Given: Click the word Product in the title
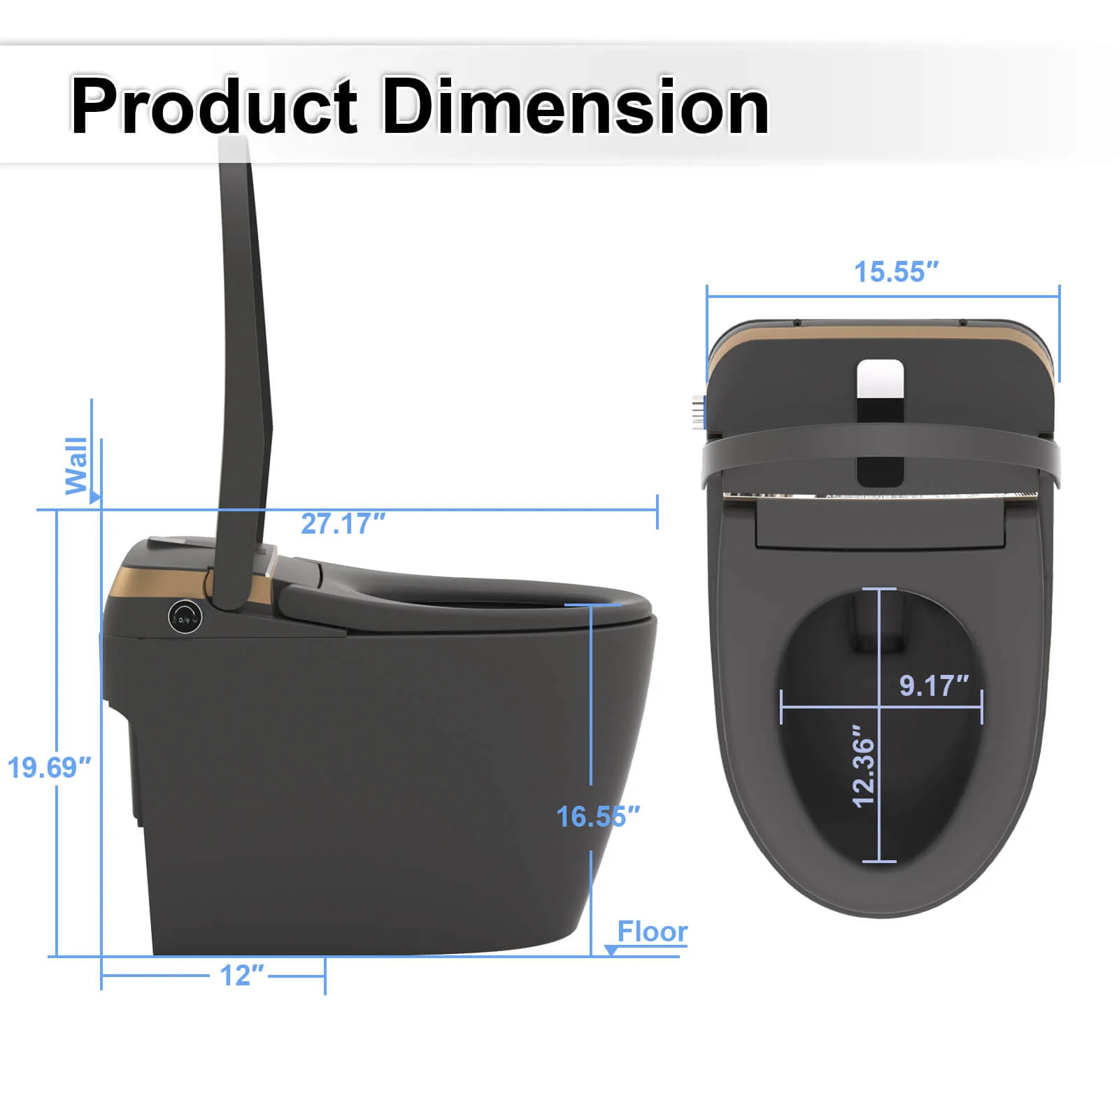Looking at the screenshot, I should coord(214,106).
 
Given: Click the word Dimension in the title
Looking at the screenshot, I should coord(575,106).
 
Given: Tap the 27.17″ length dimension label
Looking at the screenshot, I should coord(343,524).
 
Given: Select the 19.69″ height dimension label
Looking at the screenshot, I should coord(49,767).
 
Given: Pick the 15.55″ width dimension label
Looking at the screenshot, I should coord(896,272).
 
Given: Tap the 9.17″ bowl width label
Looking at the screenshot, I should coord(934,685).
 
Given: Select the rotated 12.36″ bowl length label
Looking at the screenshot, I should coord(864,766).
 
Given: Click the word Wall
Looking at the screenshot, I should coord(76,466).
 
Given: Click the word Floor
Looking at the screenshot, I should coord(652,932).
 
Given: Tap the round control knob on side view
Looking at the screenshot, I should coord(185,617).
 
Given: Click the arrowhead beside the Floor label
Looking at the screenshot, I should coord(611,950).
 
